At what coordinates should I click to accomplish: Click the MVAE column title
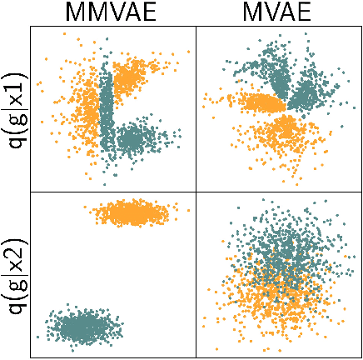[278, 12]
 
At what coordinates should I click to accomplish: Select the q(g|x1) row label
[14, 108]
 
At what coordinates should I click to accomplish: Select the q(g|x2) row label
[14, 275]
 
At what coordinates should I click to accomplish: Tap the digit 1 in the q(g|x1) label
[14, 71]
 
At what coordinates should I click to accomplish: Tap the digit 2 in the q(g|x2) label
[14, 237]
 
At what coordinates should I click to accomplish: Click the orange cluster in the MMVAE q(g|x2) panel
[130, 213]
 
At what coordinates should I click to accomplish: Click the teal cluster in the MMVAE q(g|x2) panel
[82, 327]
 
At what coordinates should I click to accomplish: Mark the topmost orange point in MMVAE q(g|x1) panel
[64, 34]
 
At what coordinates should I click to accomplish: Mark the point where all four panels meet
[195, 192]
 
